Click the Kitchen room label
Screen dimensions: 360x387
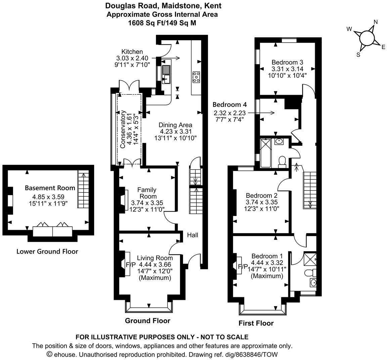pos(132,52)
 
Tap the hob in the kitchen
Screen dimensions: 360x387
pos(196,77)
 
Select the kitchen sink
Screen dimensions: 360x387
pos(166,75)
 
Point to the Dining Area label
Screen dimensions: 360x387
pos(175,125)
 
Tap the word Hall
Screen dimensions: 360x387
pos(192,235)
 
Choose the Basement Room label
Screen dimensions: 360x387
pos(50,188)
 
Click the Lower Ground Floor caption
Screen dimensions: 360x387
pos(47,252)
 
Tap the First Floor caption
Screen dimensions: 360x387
pos(256,323)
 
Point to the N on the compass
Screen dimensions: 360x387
pos(376,22)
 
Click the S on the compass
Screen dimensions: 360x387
pos(358,54)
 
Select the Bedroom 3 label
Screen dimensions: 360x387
pos(287,62)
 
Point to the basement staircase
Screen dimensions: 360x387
pos(82,189)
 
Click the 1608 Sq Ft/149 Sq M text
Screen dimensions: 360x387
pos(162,23)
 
